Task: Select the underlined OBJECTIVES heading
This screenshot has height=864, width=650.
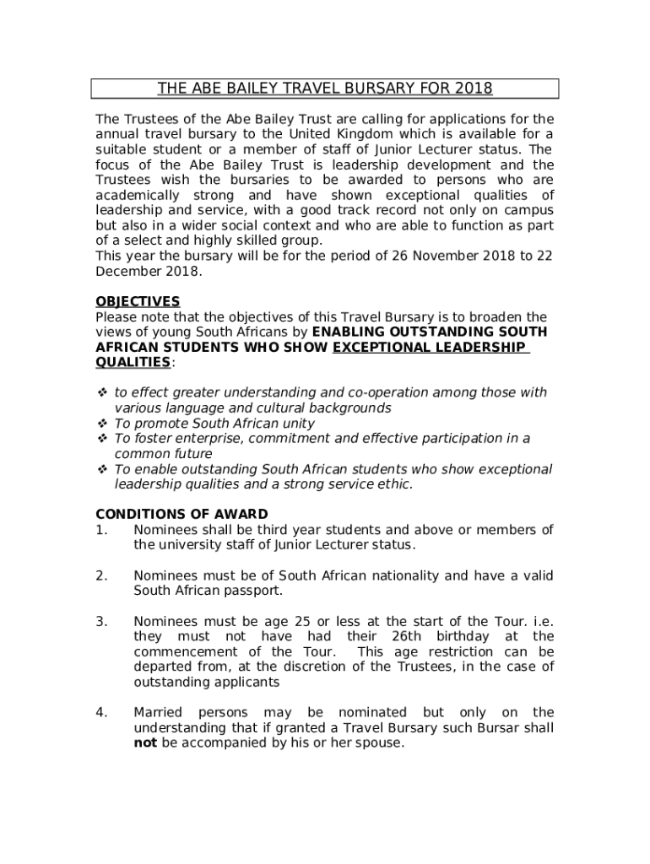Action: (138, 301)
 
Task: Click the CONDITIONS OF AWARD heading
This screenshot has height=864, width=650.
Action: (181, 514)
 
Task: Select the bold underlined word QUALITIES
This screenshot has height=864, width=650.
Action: (133, 362)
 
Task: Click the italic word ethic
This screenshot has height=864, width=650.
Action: (393, 484)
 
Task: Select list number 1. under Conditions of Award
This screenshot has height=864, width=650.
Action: (101, 530)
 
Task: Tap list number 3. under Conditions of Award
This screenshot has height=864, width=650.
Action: (101, 621)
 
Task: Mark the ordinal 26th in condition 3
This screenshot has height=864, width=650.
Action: (413, 636)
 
